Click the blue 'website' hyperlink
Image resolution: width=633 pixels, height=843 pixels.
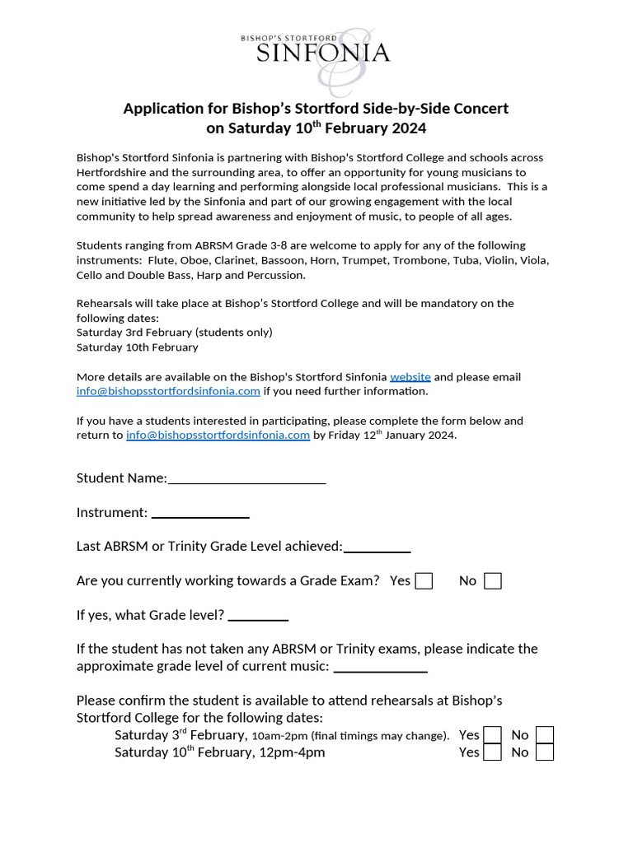coord(410,376)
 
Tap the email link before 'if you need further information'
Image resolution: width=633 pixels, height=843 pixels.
coord(168,391)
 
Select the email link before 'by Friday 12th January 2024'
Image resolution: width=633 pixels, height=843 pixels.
coord(218,435)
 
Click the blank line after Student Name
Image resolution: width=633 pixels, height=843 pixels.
coord(246,479)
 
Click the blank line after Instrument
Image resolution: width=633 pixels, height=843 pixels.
coord(199,514)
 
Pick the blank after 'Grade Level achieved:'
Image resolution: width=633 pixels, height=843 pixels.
coord(377,547)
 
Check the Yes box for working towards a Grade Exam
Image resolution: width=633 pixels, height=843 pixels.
coord(424,581)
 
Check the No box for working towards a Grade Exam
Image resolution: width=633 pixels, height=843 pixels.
coord(493,581)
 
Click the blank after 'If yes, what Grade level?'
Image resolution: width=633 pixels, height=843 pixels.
coord(258,616)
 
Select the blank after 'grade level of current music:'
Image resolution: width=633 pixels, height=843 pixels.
coord(380,667)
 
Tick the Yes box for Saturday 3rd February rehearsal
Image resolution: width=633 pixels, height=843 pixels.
coord(492,735)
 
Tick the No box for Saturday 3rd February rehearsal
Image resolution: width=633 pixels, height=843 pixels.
coord(544,735)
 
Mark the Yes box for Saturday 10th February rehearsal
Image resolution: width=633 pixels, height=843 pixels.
coord(492,752)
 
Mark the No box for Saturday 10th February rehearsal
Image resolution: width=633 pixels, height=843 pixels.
coord(544,752)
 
